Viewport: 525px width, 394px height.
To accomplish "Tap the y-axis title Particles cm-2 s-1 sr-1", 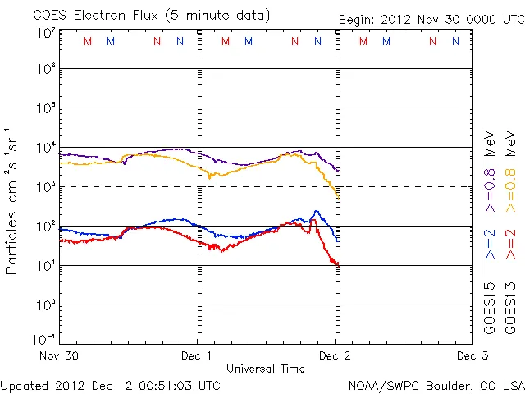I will pyautogui.click(x=12, y=201).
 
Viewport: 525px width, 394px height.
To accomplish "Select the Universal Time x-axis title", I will pyautogui.click(x=266, y=369).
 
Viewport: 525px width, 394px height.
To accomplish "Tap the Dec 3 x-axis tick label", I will pyautogui.click(x=467, y=356).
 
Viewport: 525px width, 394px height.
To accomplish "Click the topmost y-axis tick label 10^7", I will pyautogui.click(x=45, y=32).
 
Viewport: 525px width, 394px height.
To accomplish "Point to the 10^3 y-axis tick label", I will pyautogui.click(x=45, y=187).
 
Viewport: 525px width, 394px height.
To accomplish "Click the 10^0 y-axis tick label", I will pyautogui.click(x=45, y=305).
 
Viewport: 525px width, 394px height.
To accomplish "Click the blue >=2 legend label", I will pyautogui.click(x=491, y=245).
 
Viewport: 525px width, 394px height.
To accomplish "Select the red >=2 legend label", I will pyautogui.click(x=510, y=245).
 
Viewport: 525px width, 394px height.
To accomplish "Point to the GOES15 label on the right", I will pyautogui.click(x=491, y=309).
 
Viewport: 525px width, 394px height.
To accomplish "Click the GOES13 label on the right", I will pyautogui.click(x=510, y=309).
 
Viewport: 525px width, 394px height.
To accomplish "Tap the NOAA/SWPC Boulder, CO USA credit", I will pyautogui.click(x=436, y=385).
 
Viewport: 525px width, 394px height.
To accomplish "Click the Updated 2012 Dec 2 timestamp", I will pyautogui.click(x=110, y=385).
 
